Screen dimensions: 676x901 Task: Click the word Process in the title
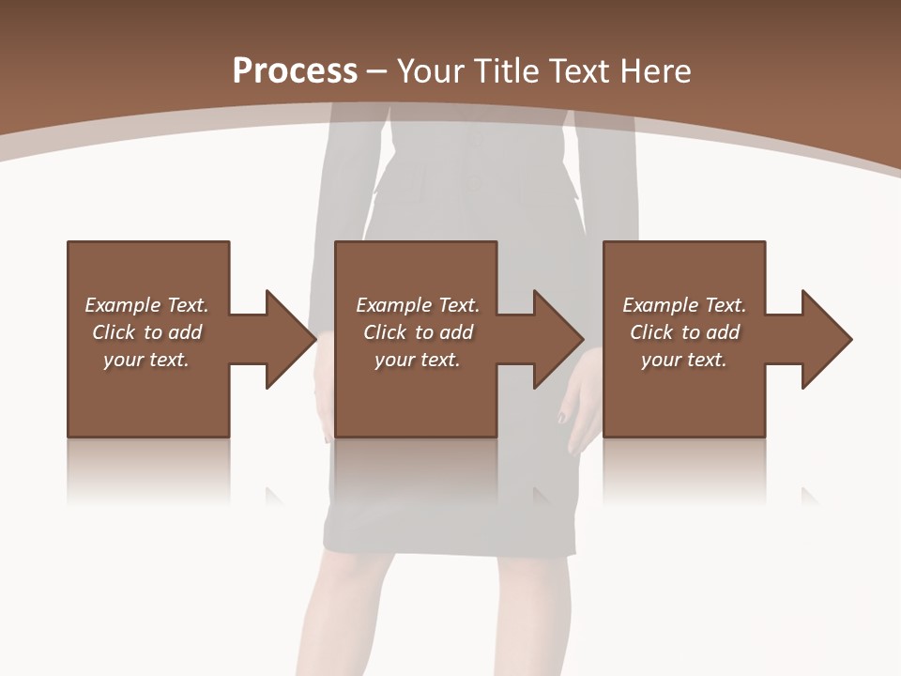(295, 71)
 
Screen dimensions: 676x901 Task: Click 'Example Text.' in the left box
(146, 305)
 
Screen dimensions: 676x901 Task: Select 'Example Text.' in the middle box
(417, 305)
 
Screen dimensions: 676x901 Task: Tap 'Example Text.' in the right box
(684, 305)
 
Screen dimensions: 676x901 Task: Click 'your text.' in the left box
(146, 360)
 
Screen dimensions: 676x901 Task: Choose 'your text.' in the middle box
(417, 360)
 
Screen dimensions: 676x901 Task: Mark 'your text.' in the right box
(684, 360)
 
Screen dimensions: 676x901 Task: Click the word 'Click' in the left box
(115, 332)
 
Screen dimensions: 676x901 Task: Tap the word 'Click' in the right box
(652, 332)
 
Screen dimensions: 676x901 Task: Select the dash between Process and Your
(376, 71)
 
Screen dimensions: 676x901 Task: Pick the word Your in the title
(427, 71)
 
